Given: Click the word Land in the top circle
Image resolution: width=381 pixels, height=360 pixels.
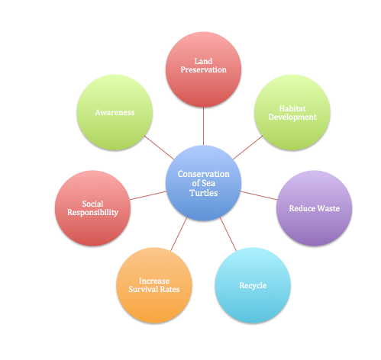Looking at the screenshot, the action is pos(203,61).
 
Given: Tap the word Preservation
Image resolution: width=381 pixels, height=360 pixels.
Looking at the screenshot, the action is pos(203,69).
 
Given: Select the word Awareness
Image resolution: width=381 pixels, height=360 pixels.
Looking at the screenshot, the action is pos(115,112).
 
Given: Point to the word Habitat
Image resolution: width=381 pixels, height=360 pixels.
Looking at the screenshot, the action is pos(292,108).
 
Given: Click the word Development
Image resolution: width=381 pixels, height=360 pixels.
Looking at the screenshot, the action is pos(292,117).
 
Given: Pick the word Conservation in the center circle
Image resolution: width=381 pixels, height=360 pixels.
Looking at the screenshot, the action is pos(203,174).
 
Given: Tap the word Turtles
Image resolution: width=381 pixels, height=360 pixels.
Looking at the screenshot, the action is pos(203,193).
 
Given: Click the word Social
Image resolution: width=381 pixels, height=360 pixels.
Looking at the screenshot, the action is pos(92,204).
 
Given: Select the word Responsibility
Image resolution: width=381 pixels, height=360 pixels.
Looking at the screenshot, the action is pos(92,212).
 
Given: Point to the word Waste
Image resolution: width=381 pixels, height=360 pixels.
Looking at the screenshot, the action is pos(328,208).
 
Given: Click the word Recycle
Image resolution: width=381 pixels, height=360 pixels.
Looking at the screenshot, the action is pos(253,285).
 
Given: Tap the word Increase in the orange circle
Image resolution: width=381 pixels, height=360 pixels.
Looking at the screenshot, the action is pos(154,281).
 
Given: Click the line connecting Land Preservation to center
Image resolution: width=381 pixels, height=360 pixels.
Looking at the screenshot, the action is pos(203,126).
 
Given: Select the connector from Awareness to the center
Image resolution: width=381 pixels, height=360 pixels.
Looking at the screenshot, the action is pos(160,148).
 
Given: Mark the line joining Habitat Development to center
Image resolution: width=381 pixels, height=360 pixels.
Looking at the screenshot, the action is pos(247,148).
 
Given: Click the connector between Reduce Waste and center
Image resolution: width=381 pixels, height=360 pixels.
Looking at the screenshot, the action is pos(259,195).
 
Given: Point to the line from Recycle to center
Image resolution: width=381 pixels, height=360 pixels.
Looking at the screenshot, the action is pos(228,234).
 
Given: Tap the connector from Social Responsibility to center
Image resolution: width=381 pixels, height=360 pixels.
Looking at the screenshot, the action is pos(148,195).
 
